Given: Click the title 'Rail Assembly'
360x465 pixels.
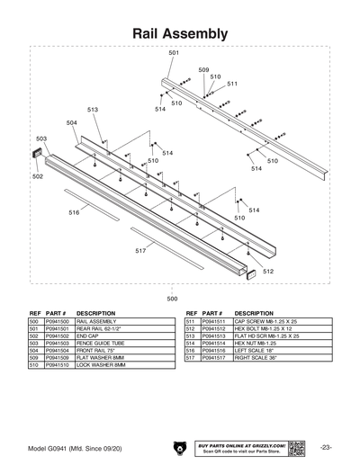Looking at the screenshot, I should tap(179, 32).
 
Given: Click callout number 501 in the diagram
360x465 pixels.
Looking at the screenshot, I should tap(174, 54).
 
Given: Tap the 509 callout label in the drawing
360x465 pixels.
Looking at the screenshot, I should tap(203, 70).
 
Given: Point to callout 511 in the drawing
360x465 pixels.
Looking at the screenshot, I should tap(232, 84).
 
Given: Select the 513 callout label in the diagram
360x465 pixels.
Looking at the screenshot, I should tap(93, 109).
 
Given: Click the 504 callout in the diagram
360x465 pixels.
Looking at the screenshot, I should tap(71, 122).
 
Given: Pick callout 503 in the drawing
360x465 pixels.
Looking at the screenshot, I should tap(40, 139).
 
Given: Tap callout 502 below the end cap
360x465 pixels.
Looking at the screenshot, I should tap(37, 177).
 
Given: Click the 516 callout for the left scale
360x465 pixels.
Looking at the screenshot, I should tap(74, 213).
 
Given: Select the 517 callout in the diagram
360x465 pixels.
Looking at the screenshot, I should tap(140, 251).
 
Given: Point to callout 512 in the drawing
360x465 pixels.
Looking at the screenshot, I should tap(268, 271).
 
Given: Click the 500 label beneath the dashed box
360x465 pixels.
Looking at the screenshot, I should tap(173, 298).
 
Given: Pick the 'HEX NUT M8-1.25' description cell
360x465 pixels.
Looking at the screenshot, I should tap(260, 343).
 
